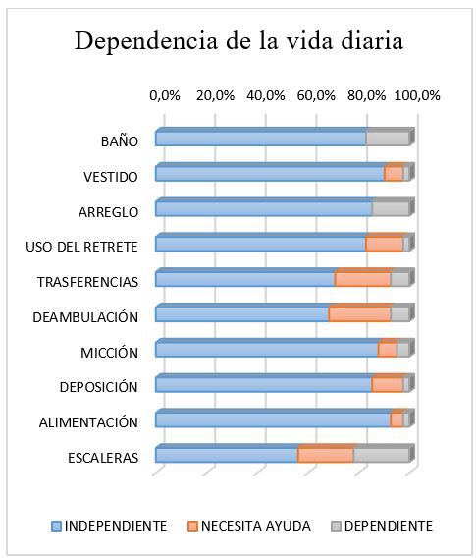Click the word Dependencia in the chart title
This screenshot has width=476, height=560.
point(146,41)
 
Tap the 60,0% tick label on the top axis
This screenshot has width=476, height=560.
point(316,95)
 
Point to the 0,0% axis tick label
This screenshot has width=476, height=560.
point(165,95)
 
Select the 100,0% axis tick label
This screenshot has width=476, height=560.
point(417,95)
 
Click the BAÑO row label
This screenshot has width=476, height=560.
point(120,141)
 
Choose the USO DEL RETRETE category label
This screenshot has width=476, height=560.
point(81,247)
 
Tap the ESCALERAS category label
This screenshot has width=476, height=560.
point(103,458)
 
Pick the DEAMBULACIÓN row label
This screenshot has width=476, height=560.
point(85,316)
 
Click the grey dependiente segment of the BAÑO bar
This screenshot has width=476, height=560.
point(388,139)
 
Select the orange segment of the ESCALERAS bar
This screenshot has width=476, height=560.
point(326,456)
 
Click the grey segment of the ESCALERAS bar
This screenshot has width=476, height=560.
point(382,456)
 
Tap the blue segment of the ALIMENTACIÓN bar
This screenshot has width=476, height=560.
point(273,420)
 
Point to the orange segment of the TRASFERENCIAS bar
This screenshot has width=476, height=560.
point(363,280)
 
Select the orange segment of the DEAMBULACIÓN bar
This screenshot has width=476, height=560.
point(359,314)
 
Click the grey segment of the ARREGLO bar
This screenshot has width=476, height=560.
point(391,209)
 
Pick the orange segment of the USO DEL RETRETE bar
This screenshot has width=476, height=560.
point(385,245)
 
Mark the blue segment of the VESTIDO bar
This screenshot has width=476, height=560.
point(270,174)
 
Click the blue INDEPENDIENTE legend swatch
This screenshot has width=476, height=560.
point(56,526)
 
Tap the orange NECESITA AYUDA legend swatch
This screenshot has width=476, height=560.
point(192,526)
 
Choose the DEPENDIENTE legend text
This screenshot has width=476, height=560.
point(389,526)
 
